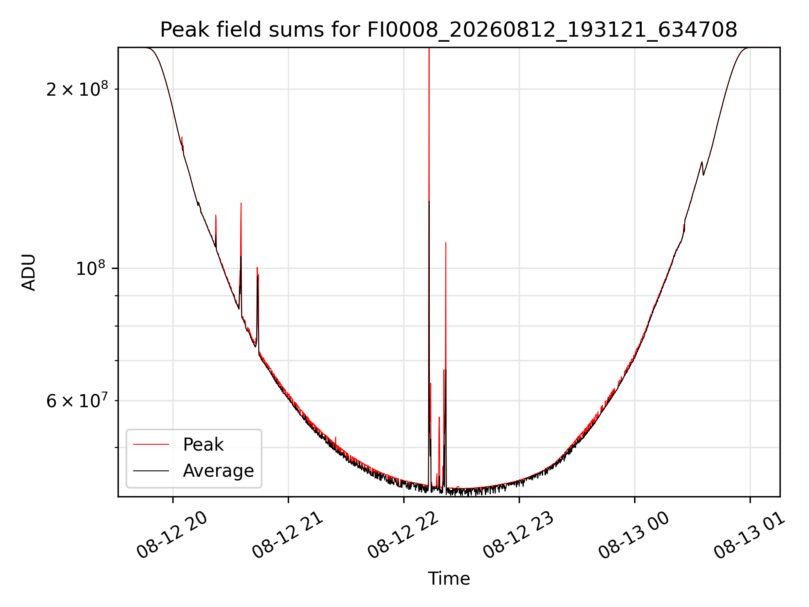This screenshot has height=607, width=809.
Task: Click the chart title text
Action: [449, 30]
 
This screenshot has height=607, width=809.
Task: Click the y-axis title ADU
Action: [29, 272]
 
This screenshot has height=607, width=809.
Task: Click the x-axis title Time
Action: [449, 578]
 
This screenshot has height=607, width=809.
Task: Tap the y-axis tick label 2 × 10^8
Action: [77, 89]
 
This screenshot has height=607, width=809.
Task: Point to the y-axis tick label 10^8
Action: [92, 268]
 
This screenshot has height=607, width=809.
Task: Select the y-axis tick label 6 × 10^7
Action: [77, 401]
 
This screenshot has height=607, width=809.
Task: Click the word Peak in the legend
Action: [203, 445]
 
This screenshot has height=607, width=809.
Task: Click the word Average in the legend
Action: [218, 471]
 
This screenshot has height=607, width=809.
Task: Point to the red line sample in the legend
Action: [151, 444]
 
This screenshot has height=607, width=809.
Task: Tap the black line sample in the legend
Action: [151, 470]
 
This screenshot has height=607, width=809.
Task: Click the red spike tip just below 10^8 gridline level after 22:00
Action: [446, 243]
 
